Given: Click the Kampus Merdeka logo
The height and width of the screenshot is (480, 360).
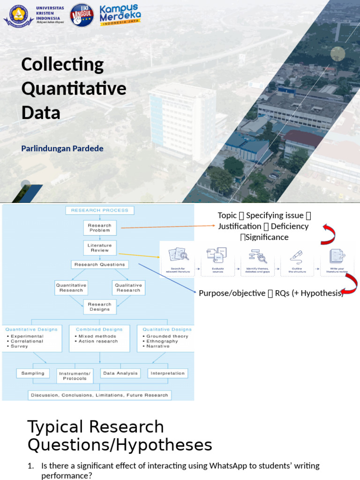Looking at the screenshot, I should [x=120, y=15].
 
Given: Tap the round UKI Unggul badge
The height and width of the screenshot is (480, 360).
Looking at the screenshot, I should [x=82, y=15].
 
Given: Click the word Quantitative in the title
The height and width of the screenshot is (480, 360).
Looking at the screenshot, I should [x=74, y=89].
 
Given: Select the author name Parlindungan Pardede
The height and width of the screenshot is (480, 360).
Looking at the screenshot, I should [x=62, y=149].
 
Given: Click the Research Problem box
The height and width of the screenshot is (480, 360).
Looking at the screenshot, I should [x=100, y=228].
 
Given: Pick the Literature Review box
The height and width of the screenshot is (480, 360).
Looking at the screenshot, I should [x=100, y=247].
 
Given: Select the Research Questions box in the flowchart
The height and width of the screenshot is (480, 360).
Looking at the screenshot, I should [x=100, y=264].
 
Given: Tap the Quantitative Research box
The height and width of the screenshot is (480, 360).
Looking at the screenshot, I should [x=71, y=288].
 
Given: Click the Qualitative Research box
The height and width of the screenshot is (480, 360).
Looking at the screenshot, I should [x=128, y=288].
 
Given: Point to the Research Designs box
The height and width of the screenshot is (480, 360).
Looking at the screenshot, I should [x=100, y=307].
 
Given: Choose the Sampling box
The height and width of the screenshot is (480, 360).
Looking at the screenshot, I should [x=33, y=374].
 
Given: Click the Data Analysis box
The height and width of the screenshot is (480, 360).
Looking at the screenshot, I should [x=120, y=374].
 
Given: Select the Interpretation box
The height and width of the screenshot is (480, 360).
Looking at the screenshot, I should [x=168, y=374].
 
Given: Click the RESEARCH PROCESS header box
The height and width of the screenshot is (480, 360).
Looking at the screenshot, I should [x=100, y=210].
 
